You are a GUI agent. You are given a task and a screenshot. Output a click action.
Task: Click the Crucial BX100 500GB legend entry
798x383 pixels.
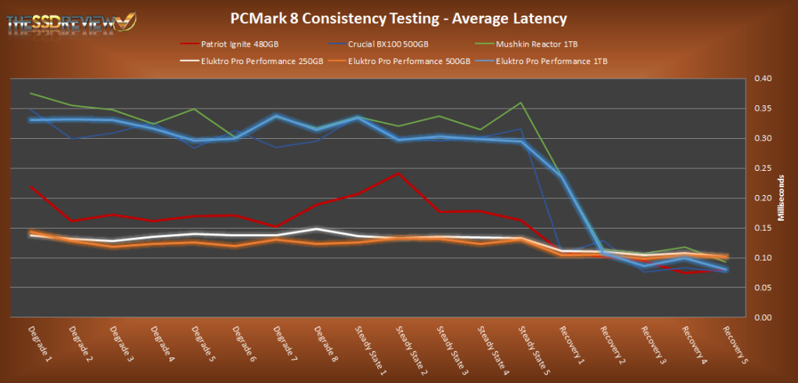(x=387, y=45)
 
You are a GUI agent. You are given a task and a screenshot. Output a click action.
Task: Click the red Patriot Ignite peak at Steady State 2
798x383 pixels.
(x=398, y=173)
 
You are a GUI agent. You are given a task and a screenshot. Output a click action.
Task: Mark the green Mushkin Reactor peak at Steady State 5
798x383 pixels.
(x=521, y=103)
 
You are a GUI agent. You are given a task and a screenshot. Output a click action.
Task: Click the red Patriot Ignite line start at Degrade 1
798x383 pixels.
(x=30, y=186)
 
